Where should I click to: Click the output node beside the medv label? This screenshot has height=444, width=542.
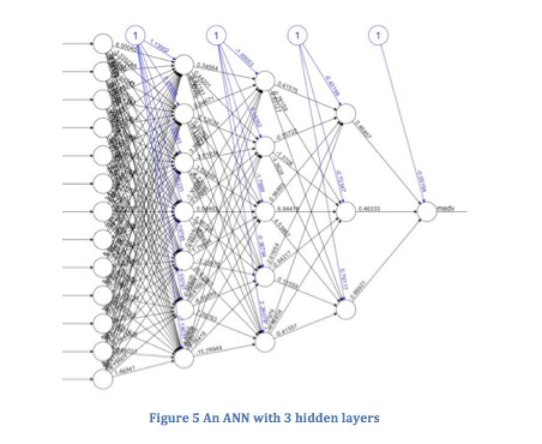pos(427,211)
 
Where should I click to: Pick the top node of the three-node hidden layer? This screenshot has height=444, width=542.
pos(346,113)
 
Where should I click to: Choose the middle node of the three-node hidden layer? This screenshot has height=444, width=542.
pos(346,211)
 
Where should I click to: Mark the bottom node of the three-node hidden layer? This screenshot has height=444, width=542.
pos(346,309)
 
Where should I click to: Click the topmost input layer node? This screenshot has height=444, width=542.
pos(103,44)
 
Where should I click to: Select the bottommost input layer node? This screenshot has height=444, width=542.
pos(103,379)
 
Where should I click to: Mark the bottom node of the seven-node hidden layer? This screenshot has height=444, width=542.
pos(184,357)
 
